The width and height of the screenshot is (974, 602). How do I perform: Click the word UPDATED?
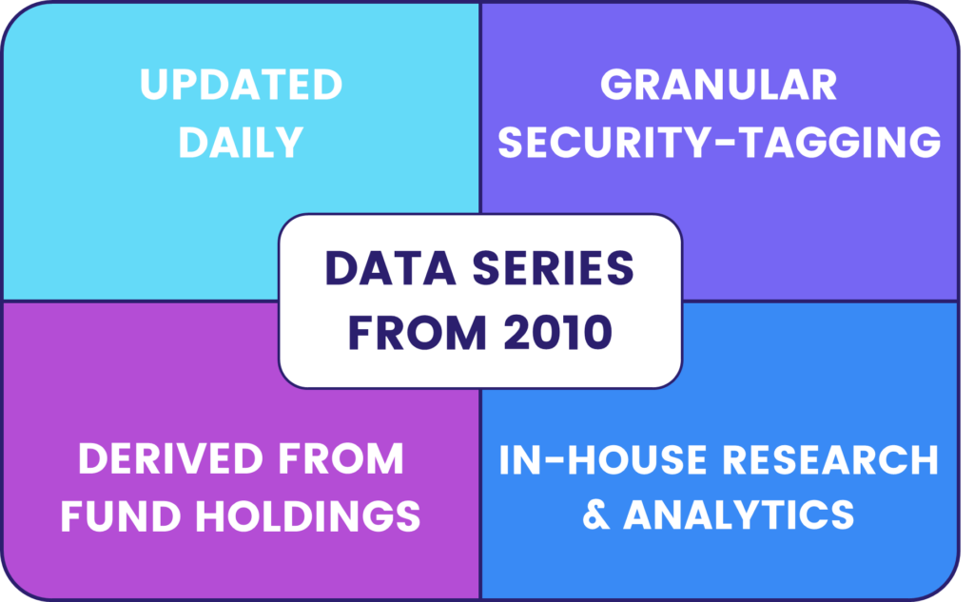tap(241, 85)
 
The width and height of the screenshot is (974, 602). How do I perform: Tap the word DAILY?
tap(241, 143)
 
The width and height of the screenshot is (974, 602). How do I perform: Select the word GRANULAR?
tap(719, 85)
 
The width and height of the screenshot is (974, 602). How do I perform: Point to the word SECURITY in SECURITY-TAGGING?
tap(602, 143)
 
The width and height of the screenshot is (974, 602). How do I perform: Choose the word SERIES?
tap(553, 269)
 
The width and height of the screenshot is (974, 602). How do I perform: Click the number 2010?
tap(557, 332)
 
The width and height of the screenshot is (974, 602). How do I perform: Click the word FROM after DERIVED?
tap(341, 459)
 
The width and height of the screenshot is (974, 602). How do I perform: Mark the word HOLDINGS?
tap(308, 516)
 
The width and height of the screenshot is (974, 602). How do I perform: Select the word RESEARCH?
tap(830, 459)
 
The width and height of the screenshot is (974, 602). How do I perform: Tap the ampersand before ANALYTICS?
tap(596, 515)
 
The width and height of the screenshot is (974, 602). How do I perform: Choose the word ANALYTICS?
tap(739, 515)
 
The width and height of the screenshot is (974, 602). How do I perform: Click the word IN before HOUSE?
tap(516, 459)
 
